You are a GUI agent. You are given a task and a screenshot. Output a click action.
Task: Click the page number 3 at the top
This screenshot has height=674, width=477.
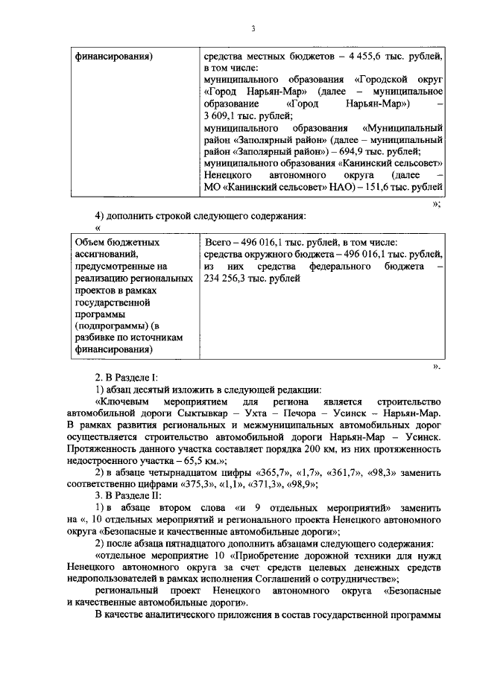pyautogui.click(x=253, y=28)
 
